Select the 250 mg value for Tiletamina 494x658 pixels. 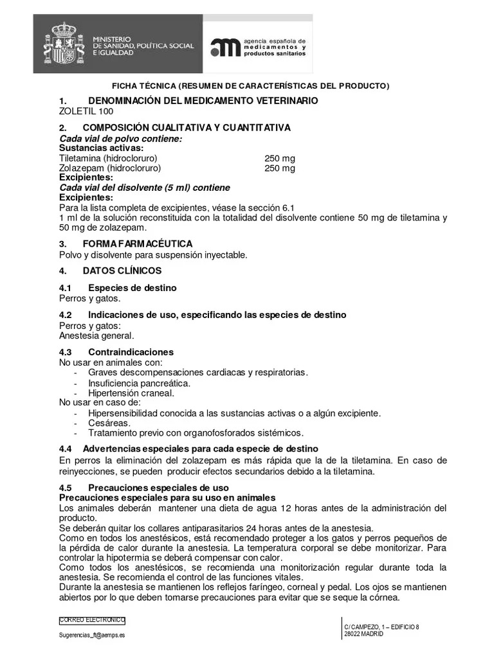pyautogui.click(x=280, y=158)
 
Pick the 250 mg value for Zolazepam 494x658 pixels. pyautogui.click(x=280, y=168)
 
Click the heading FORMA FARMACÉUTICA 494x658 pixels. pyautogui.click(x=138, y=244)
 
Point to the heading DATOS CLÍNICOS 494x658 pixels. pyautogui.click(x=122, y=271)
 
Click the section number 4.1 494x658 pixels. pyautogui.click(x=65, y=288)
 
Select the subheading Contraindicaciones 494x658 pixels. pyautogui.click(x=131, y=352)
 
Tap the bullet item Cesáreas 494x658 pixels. pyautogui.click(x=109, y=423)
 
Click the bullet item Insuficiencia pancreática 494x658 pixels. pyautogui.click(x=139, y=383)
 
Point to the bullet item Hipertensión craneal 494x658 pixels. pyautogui.click(x=131, y=393)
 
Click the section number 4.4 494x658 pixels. pyautogui.click(x=65, y=448)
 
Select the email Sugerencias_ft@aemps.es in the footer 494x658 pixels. pyautogui.click(x=92, y=634)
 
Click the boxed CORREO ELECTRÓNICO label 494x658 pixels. pyautogui.click(x=92, y=620)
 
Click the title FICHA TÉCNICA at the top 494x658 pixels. pyautogui.click(x=144, y=85)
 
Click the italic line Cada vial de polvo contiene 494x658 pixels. pyautogui.click(x=120, y=139)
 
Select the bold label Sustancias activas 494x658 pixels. pyautogui.click(x=102, y=148)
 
